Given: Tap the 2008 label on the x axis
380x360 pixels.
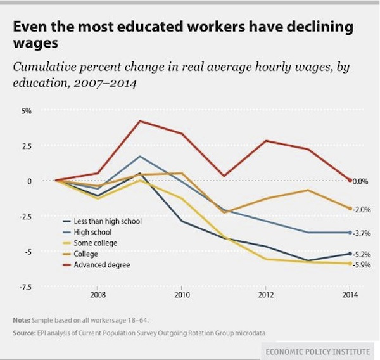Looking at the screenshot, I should [x=98, y=295].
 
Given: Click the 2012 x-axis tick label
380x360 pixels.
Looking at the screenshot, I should [x=266, y=295].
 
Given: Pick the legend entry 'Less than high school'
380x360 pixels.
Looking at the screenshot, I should [x=107, y=221].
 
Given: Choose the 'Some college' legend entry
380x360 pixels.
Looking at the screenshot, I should [x=96, y=243].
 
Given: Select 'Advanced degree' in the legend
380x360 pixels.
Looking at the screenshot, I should [x=102, y=264].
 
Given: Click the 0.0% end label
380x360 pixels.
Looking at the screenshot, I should [x=360, y=181].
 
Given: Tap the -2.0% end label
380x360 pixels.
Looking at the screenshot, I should [x=361, y=210].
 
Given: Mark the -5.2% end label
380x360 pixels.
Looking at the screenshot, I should [x=361, y=255].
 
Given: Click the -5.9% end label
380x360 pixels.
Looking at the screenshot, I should [x=361, y=265].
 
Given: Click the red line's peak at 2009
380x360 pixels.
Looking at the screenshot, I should [x=139, y=121].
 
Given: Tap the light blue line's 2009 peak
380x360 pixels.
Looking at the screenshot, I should [x=139, y=156].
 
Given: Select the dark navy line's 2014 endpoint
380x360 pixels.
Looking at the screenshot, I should [x=350, y=254].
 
